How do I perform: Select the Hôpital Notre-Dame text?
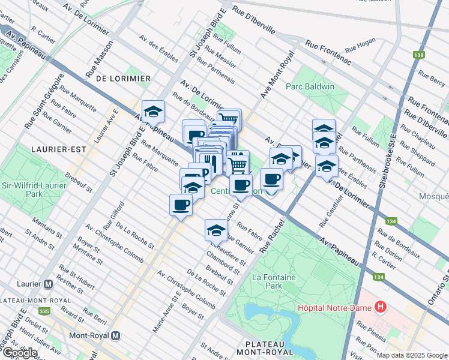click(x=335, y=308)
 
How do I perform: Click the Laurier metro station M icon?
click(x=49, y=283)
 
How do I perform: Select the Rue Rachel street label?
click(x=272, y=236)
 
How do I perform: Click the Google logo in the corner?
click(x=19, y=353)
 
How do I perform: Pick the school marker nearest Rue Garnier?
click(x=216, y=229)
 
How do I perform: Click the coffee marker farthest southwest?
click(x=181, y=205)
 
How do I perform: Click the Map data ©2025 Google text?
click(x=412, y=355)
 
